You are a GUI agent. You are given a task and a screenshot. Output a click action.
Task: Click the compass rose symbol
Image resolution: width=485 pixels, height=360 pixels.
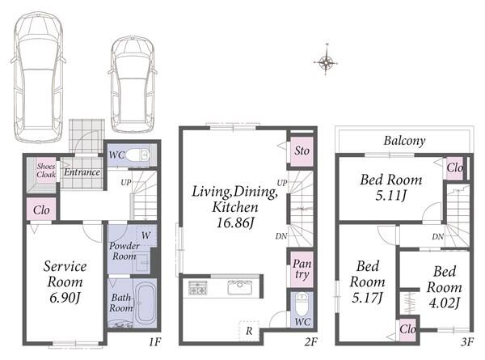[x=326, y=62]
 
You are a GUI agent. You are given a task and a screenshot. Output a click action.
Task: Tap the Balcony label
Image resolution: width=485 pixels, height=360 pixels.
[x=405, y=141]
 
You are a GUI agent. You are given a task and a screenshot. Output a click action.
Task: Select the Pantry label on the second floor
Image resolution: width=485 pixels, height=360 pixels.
[x=302, y=269]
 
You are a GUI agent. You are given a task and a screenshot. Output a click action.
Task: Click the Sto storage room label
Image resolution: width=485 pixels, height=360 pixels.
[x=302, y=150]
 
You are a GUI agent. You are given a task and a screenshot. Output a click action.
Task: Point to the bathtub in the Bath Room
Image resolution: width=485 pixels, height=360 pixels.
[x=145, y=303]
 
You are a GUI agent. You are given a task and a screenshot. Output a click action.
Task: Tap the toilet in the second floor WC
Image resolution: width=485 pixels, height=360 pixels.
[x=302, y=304]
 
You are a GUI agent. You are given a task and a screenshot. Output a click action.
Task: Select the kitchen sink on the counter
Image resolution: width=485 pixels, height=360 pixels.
[x=240, y=287]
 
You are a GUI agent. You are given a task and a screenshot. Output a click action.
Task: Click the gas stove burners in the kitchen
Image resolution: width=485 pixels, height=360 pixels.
[x=198, y=287]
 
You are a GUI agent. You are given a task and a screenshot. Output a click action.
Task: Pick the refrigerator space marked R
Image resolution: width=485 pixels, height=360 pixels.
[x=249, y=331]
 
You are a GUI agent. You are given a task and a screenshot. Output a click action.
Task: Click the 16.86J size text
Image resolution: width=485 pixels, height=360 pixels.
[x=236, y=222]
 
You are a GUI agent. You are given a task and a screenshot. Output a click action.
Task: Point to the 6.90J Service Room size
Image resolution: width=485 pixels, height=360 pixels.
[x=65, y=298]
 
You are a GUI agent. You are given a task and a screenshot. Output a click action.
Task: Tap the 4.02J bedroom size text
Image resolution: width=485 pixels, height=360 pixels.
[x=444, y=303]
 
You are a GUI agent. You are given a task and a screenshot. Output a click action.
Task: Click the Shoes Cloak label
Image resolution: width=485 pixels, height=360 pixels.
[x=46, y=171]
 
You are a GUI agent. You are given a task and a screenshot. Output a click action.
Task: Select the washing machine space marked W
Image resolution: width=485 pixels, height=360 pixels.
[x=146, y=235]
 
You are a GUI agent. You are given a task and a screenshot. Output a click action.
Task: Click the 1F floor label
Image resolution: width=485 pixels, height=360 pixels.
[x=154, y=342]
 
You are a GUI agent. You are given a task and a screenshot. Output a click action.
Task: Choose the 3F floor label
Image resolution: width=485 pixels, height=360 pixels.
[x=467, y=342]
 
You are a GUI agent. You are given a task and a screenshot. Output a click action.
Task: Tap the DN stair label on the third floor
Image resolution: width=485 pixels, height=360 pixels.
[x=437, y=237]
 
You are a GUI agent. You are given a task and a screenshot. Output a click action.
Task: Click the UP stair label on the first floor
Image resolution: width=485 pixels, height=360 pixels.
[x=126, y=183]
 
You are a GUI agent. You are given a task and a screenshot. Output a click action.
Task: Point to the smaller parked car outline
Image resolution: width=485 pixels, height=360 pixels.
[x=133, y=84]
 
